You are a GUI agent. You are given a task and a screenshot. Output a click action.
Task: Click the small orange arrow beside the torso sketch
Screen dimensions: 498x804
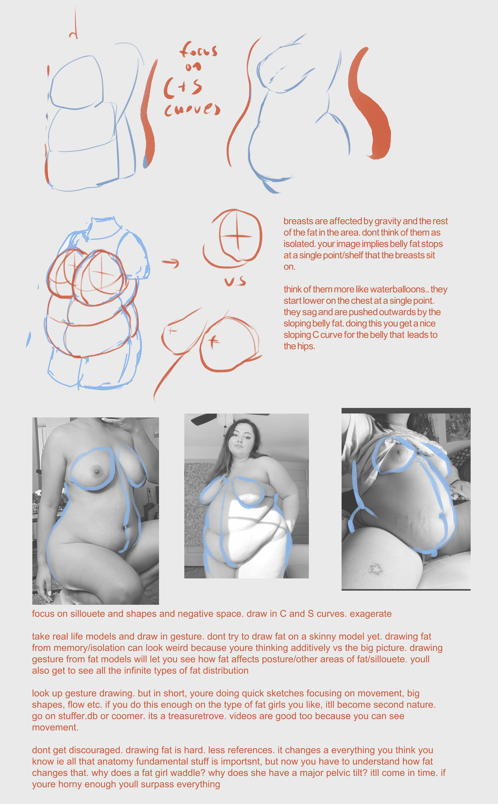(171, 263)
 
